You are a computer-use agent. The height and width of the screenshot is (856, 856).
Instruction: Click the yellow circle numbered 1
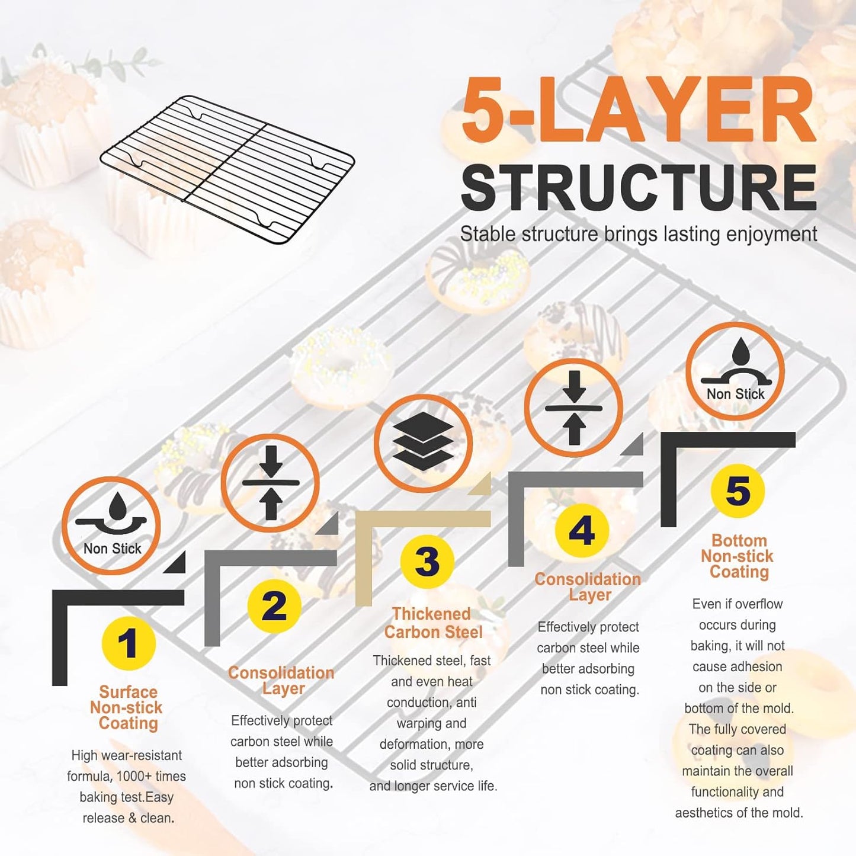[129, 643]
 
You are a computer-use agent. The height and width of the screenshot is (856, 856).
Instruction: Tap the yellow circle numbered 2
[274, 605]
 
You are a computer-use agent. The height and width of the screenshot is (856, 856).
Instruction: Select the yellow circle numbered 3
[427, 561]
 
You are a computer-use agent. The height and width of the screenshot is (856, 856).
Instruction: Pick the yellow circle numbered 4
[582, 530]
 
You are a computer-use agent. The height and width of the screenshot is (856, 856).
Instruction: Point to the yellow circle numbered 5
[738, 490]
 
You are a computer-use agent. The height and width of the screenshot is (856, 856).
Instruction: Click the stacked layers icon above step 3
[423, 443]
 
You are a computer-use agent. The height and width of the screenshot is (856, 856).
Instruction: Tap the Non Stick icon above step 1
[111, 525]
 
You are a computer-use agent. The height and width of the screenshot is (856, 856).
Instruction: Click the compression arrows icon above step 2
[270, 483]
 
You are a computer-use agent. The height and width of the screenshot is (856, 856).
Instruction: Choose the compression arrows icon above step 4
[573, 408]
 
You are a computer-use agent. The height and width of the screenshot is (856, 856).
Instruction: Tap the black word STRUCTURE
[638, 188]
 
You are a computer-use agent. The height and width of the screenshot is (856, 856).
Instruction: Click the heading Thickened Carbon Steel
[432, 623]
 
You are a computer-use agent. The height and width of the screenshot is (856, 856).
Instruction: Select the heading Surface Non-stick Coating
[127, 707]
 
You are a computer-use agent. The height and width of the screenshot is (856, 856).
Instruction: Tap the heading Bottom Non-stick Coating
[738, 556]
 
